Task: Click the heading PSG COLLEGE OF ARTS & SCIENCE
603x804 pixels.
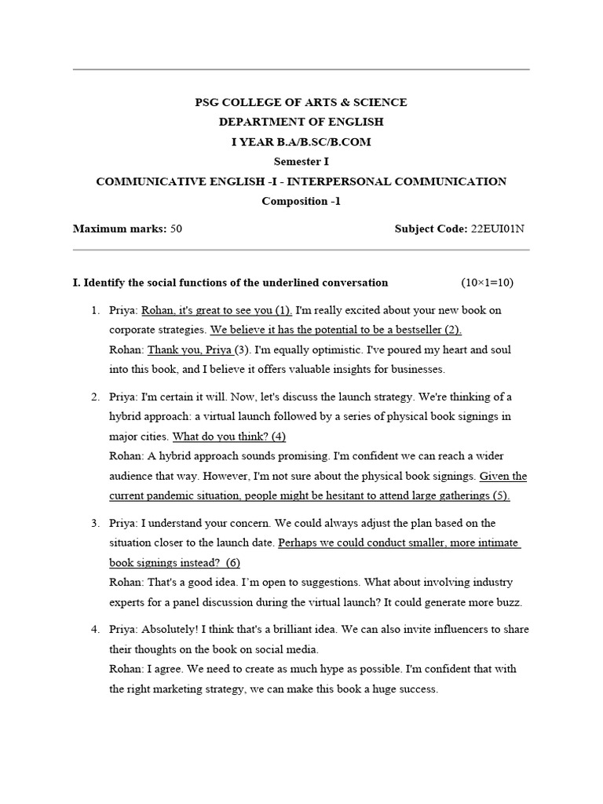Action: point(301,102)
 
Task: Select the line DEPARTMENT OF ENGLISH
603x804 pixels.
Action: point(301,122)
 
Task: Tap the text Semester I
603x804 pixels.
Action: point(301,162)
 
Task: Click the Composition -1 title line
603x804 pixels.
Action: point(301,201)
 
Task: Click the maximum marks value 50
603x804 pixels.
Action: point(176,229)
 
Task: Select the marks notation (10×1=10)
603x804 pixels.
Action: point(487,283)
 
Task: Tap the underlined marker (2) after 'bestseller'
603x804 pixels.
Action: point(453,330)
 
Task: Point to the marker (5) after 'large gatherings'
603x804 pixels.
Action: point(500,495)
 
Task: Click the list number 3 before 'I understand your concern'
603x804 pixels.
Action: point(94,523)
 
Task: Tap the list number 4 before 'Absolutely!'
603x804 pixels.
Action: point(94,629)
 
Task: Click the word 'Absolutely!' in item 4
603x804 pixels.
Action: point(173,629)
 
